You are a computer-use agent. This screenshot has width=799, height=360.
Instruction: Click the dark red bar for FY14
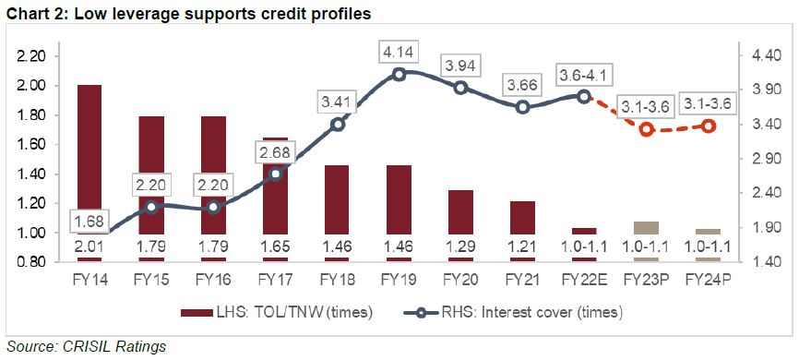[x=89, y=157]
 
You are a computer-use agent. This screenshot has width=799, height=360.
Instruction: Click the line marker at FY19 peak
[x=399, y=75]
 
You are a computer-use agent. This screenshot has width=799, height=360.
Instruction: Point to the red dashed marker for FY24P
[x=709, y=126]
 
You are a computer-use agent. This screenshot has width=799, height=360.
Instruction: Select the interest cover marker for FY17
[x=275, y=174]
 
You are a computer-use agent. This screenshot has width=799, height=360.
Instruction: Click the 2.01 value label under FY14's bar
[x=89, y=247]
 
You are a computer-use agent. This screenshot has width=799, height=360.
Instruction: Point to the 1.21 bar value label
[x=522, y=247]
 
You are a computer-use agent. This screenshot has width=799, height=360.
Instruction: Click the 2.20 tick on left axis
[x=31, y=56]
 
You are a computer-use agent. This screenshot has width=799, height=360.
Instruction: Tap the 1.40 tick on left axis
[x=31, y=174]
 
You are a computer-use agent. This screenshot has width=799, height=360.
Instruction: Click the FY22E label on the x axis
[x=585, y=277]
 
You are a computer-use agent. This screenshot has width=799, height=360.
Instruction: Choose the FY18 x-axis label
[x=337, y=277]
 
